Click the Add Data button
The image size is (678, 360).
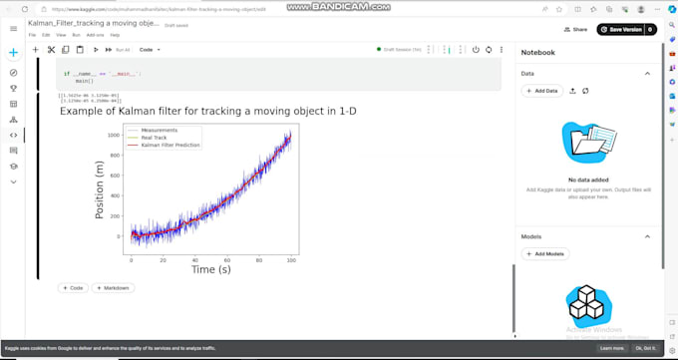(542, 91)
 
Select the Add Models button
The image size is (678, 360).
(545, 254)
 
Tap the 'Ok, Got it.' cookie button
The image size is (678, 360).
(645, 348)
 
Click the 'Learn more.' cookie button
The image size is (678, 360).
(611, 348)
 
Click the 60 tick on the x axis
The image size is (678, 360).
(227, 259)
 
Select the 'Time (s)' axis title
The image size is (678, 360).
(211, 270)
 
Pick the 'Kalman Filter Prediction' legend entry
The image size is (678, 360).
(170, 145)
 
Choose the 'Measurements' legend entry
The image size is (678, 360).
(160, 131)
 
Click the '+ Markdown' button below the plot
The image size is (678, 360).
(113, 288)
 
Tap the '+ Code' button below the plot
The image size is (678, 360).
(73, 288)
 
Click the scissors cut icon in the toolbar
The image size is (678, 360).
(51, 49)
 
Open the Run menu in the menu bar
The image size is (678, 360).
(76, 35)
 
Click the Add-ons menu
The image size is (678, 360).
(96, 35)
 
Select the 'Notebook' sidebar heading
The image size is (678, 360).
(537, 52)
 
